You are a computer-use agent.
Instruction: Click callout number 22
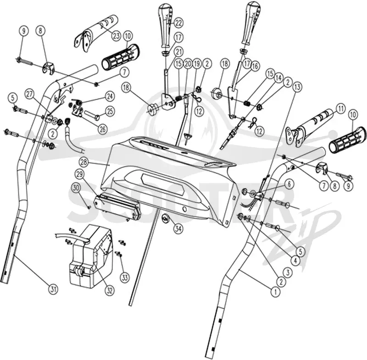(x=178, y=22)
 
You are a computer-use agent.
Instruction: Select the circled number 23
(x=117, y=36)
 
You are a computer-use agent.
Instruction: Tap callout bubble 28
(x=84, y=162)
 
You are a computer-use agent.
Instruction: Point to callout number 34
(x=178, y=228)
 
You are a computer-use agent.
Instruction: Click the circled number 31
(x=53, y=289)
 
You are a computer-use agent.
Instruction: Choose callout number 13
(x=297, y=88)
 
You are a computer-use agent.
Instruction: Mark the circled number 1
(x=275, y=292)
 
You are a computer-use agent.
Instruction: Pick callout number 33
(x=125, y=277)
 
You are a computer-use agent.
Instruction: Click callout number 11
(x=340, y=109)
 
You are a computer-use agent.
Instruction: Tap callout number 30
(x=76, y=188)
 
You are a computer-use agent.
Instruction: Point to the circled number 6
(x=289, y=184)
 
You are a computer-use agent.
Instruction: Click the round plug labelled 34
(x=166, y=219)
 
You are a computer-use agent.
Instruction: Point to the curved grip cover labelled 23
(x=96, y=33)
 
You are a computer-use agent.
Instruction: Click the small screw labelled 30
(x=89, y=207)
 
